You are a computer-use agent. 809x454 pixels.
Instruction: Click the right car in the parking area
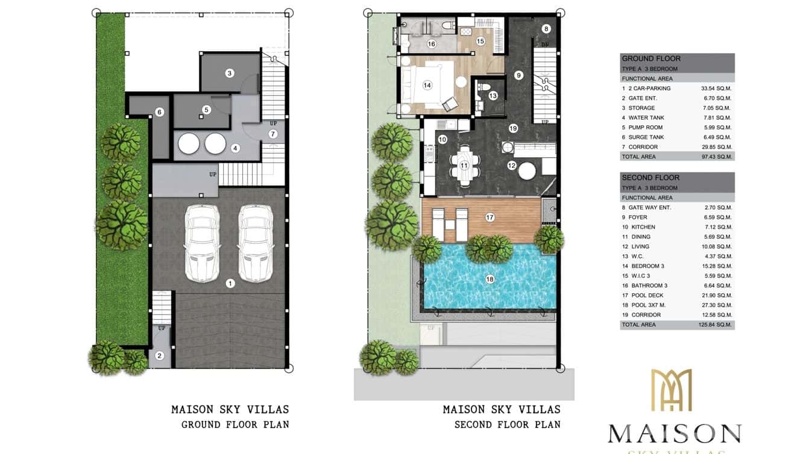pos(253,243)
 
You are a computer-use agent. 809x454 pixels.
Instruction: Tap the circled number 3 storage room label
pos(230,73)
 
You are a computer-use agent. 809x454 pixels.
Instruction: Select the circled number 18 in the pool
pos(489,279)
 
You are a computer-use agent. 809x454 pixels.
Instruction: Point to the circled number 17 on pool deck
pos(489,217)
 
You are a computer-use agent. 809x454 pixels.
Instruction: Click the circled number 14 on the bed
pos(427,86)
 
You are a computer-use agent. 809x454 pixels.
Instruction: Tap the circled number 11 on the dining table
pos(464,165)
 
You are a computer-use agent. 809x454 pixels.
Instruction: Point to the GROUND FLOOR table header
pos(651,58)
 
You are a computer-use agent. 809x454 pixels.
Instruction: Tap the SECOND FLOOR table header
pos(650,178)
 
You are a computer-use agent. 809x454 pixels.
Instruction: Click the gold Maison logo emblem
pos(672,390)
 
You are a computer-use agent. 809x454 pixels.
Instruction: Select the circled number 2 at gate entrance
pos(159,356)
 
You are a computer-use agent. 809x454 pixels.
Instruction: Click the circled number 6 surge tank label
pos(159,112)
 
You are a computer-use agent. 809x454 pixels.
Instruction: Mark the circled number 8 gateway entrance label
pos(546,28)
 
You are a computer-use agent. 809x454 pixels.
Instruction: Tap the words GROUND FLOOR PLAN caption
pos(235,424)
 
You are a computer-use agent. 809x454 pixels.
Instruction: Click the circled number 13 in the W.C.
pos(493,95)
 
